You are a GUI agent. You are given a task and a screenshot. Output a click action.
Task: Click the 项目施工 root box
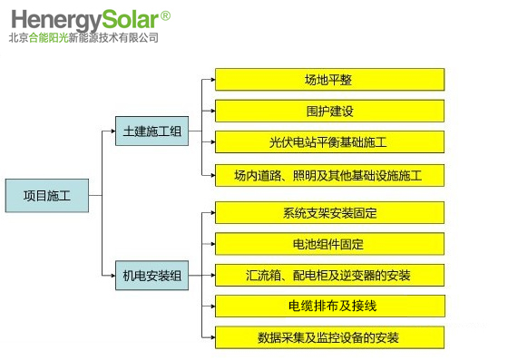click(47, 196)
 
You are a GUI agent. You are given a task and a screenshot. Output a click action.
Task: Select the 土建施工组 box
click(152, 131)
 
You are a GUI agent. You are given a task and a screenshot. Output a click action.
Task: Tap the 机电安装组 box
click(152, 276)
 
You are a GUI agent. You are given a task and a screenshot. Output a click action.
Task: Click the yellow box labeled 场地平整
click(330, 79)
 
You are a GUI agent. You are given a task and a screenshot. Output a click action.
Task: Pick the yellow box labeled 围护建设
click(330, 111)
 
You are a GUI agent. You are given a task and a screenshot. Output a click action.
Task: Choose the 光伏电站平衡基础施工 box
click(330, 142)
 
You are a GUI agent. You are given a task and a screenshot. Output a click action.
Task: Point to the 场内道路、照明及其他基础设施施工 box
click(330, 176)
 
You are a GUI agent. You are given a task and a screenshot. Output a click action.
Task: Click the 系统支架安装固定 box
click(330, 213)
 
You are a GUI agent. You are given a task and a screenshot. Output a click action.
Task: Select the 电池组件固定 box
click(330, 244)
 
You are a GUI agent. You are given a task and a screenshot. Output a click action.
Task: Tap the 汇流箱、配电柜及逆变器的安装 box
click(330, 275)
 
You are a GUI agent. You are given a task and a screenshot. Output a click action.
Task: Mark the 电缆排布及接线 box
click(330, 306)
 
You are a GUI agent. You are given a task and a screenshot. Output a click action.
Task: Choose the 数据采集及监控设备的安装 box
click(330, 337)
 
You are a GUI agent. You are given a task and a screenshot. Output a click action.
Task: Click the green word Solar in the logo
click(131, 19)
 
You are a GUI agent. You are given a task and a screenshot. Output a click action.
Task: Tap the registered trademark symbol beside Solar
click(165, 15)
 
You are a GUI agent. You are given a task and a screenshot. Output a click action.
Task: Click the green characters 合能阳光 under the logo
click(49, 38)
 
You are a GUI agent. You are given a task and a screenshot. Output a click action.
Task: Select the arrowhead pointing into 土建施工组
click(113, 131)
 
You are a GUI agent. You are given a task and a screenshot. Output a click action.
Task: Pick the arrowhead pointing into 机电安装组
click(113, 276)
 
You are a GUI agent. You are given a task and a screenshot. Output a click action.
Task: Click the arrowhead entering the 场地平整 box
click(213, 80)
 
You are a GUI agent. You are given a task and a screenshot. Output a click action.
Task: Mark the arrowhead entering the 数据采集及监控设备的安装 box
click(213, 337)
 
